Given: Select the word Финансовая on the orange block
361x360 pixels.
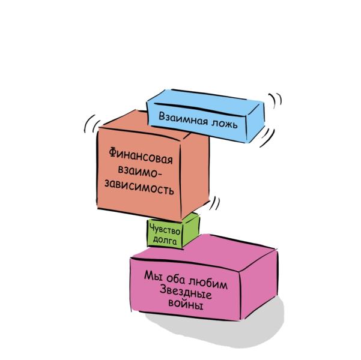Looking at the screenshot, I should tap(142, 155).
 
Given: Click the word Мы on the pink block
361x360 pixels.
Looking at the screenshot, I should tap(151, 275).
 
